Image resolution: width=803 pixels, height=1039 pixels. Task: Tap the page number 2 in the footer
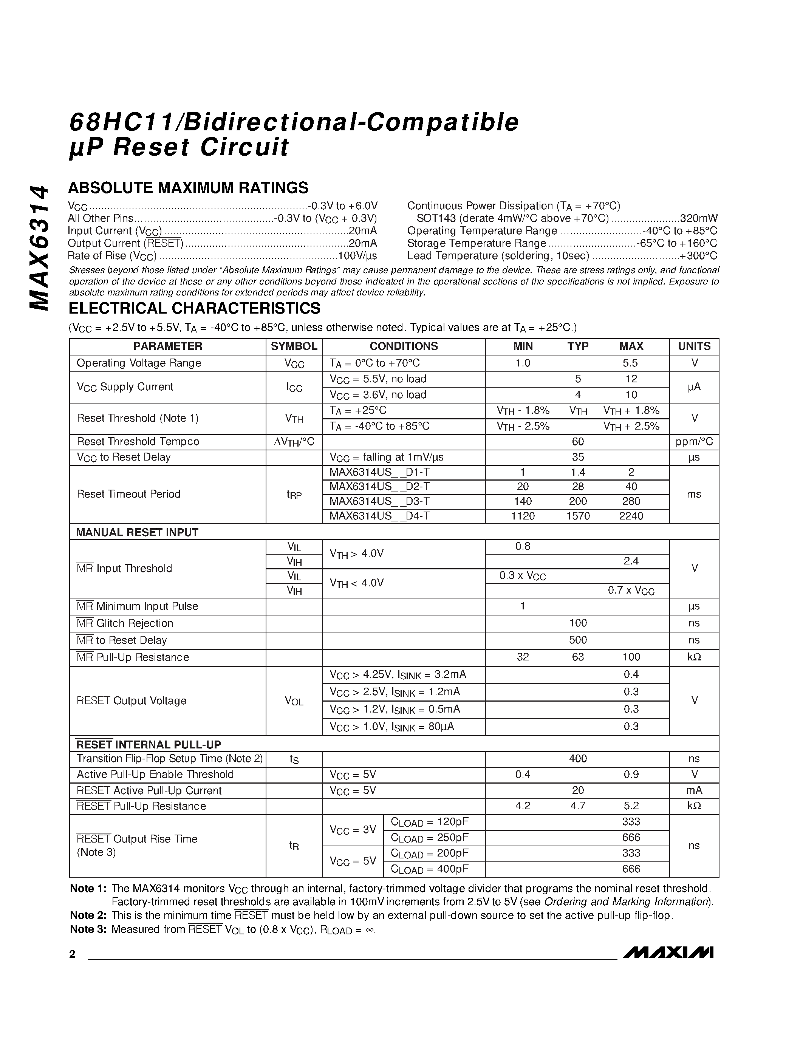point(72,954)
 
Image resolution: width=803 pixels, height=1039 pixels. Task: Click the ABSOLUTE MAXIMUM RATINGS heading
point(189,188)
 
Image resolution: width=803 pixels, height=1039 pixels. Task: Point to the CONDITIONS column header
point(404,346)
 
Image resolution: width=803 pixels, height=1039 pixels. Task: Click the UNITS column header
point(694,346)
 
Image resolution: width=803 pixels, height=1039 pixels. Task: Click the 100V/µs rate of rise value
point(357,256)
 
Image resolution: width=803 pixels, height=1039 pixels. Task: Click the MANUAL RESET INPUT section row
point(138,532)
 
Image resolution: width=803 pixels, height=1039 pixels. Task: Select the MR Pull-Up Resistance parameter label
point(133,657)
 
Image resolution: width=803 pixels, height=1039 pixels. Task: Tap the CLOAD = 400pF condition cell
point(430,869)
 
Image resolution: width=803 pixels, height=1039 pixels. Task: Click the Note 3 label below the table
point(88,929)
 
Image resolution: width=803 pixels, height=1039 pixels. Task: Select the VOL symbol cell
point(294,701)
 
